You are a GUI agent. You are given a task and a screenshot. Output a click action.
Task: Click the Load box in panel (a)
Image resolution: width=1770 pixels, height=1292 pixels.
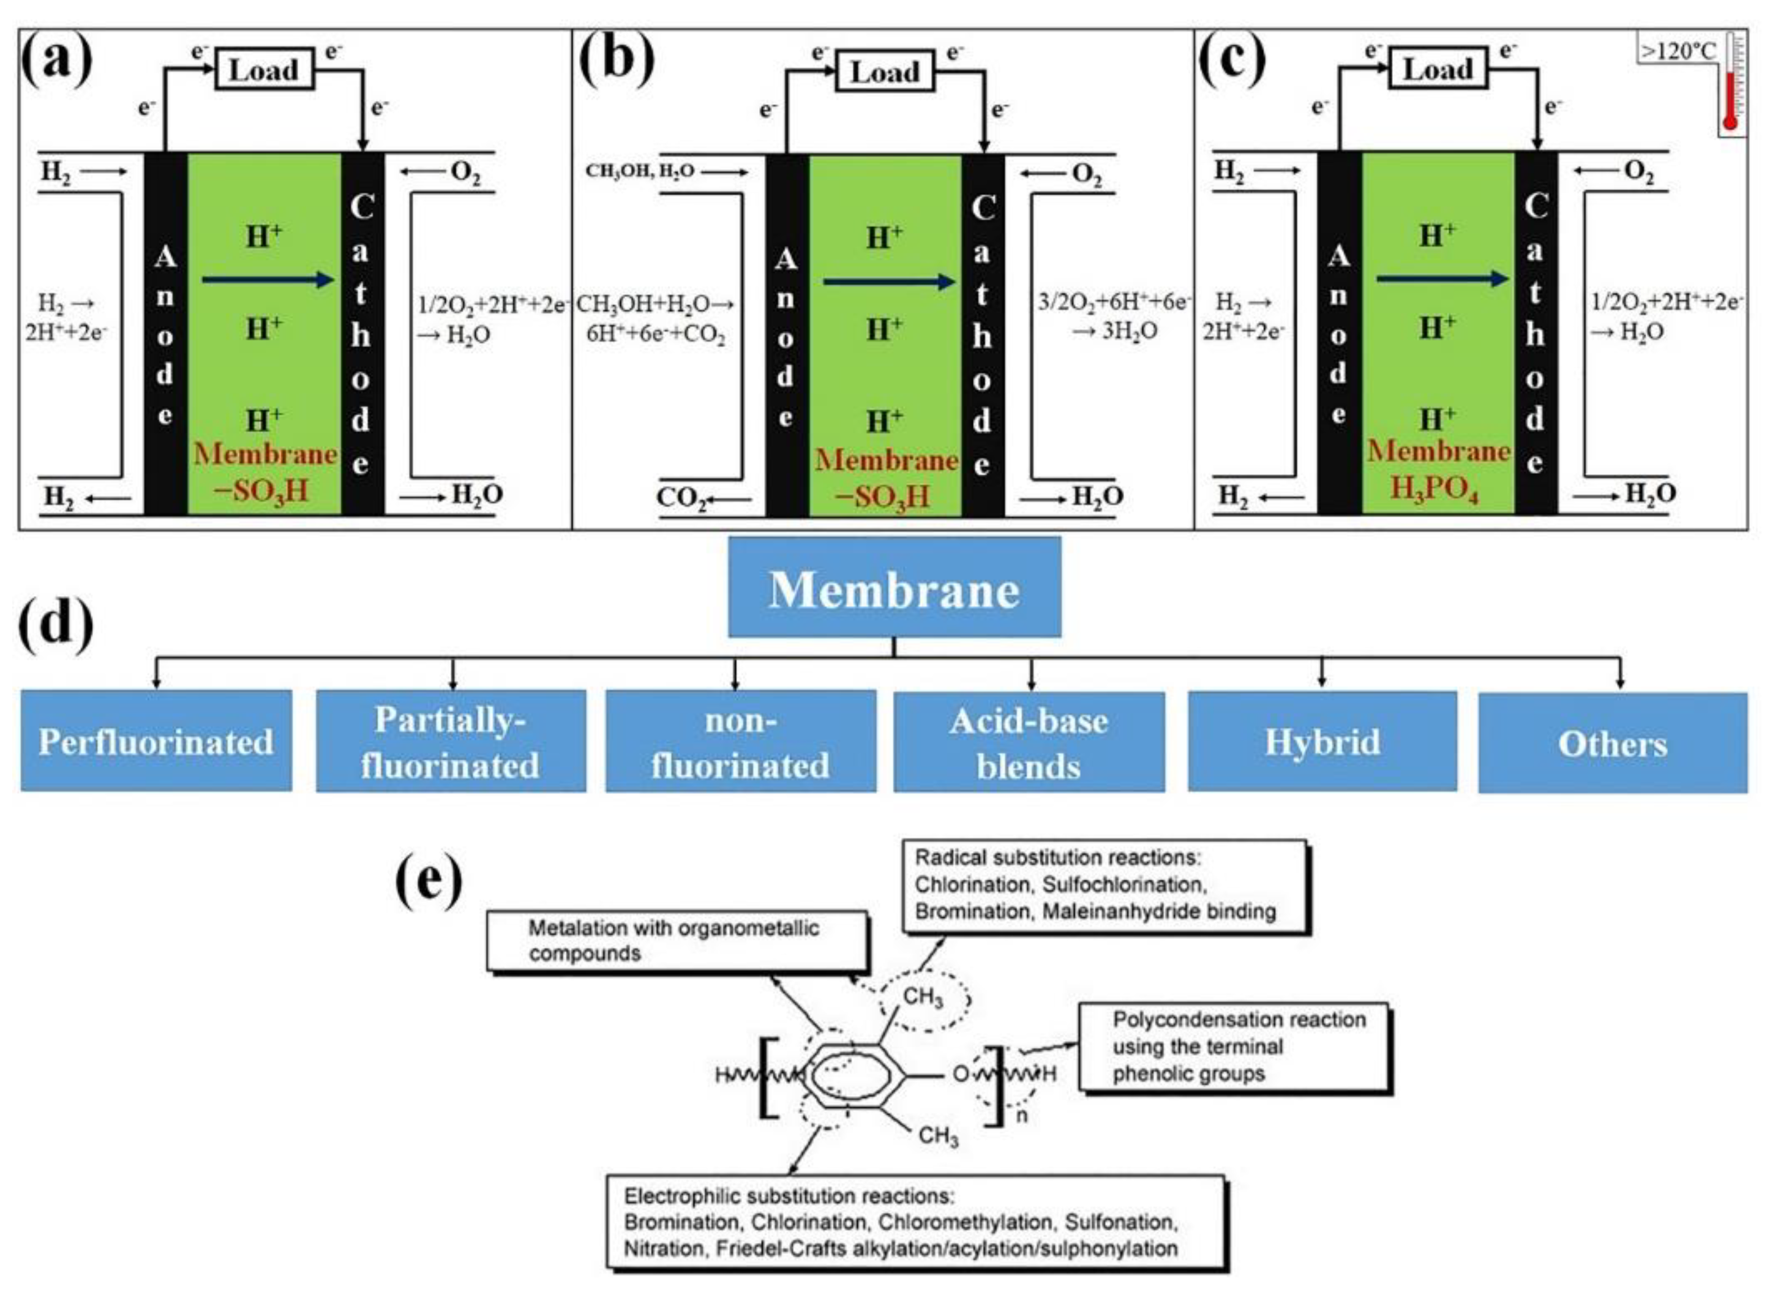(264, 70)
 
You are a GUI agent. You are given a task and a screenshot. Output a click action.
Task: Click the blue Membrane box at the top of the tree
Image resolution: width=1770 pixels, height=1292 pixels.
(894, 586)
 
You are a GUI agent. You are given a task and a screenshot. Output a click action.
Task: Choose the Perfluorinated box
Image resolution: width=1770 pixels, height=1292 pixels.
(157, 741)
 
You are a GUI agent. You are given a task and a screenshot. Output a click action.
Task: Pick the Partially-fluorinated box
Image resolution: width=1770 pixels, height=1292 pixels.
(451, 741)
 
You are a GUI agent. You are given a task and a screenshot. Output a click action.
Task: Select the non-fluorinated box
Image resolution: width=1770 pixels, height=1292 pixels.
(741, 741)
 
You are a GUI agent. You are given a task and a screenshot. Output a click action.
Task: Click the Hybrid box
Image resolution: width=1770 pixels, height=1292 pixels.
(1322, 741)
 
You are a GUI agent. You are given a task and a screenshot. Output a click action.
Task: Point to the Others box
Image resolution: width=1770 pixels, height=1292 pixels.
(1613, 743)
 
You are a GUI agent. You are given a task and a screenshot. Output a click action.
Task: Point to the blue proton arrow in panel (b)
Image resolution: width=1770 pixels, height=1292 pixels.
(890, 282)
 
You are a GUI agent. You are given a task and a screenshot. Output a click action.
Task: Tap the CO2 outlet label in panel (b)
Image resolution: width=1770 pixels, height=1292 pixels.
(681, 498)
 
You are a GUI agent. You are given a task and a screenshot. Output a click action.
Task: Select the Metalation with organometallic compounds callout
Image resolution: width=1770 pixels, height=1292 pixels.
(677, 942)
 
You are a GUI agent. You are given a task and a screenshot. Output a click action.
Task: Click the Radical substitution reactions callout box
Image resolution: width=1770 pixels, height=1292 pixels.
(1105, 887)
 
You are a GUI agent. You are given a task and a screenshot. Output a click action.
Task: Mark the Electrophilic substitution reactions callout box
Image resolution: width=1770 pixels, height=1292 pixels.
(915, 1222)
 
